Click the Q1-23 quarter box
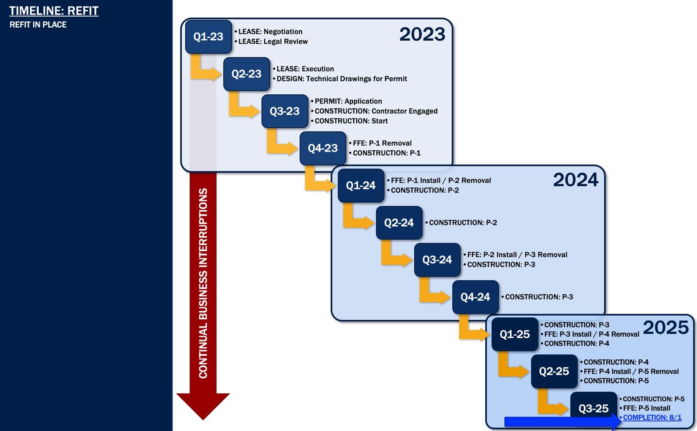(208, 37)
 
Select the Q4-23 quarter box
(323, 148)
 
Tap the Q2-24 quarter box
(399, 223)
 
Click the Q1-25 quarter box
(515, 334)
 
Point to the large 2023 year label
(422, 34)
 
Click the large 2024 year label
(575, 180)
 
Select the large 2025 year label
(666, 328)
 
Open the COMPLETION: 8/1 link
(652, 417)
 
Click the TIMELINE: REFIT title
(54, 11)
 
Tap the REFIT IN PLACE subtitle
(38, 25)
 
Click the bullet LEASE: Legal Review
(273, 42)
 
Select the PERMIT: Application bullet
(348, 101)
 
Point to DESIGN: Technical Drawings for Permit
(342, 79)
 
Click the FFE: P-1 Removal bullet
(382, 143)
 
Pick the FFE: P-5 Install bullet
(646, 408)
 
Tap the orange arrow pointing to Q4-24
(433, 293)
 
